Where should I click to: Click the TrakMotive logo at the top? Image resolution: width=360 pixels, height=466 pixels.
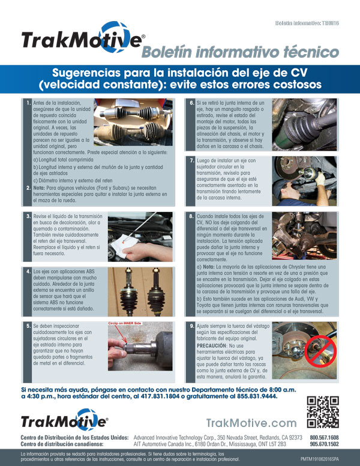pos(82,39)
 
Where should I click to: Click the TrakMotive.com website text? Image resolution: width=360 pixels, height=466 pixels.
pos(251,423)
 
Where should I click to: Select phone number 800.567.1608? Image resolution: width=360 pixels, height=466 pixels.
pos(324,438)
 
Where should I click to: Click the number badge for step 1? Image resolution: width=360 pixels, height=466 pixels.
pos(28,103)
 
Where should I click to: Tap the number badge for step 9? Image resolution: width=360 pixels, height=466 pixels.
pos(191,325)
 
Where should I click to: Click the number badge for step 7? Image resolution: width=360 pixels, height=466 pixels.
pos(191,160)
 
